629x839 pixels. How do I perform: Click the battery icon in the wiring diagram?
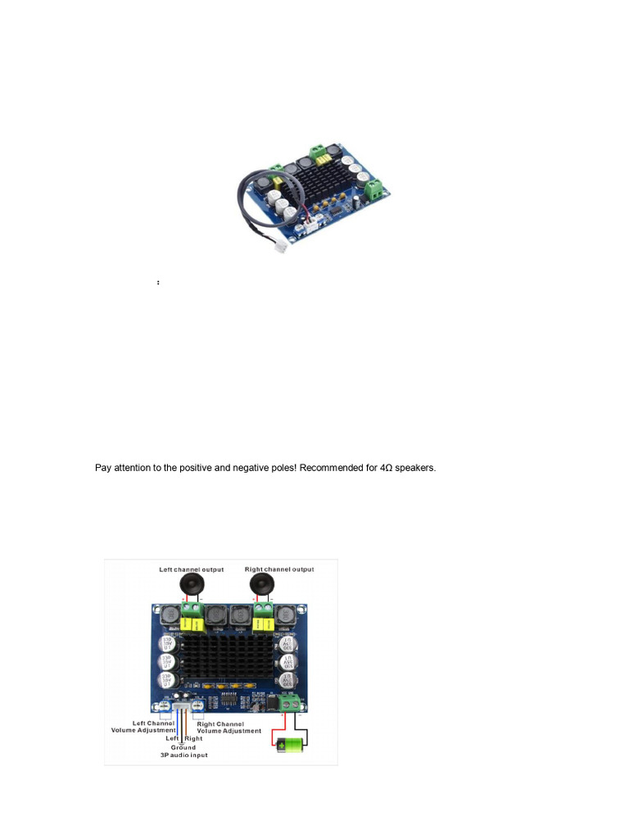click(290, 745)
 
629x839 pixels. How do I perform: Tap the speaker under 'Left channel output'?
click(191, 585)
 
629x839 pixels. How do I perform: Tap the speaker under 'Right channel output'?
click(264, 585)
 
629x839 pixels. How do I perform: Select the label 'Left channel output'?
click(191, 569)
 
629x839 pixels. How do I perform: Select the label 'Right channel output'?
click(278, 569)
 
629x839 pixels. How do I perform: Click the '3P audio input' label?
click(183, 755)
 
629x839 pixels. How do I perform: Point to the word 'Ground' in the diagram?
click(183, 747)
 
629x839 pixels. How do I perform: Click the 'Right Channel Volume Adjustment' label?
click(229, 728)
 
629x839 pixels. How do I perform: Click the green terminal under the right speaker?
click(264, 610)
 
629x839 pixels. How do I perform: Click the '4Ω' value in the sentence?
click(387, 468)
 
